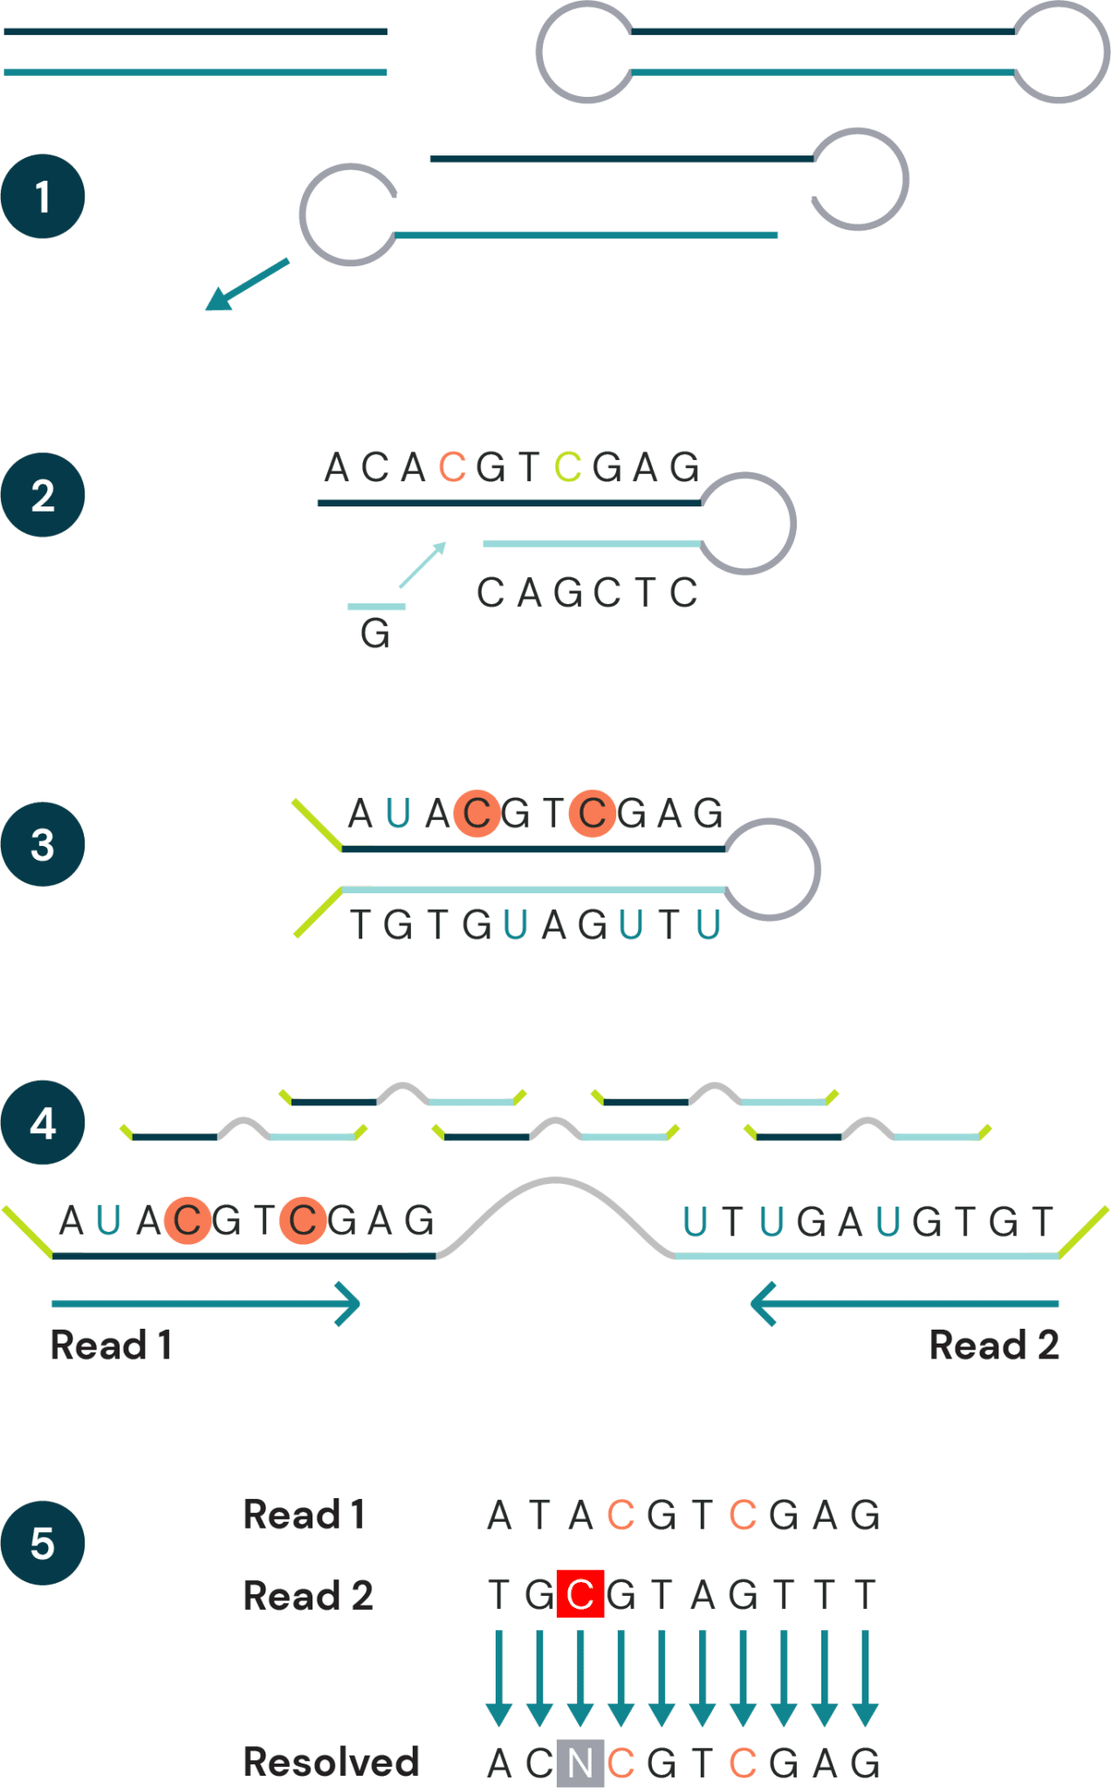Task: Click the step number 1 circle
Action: (x=43, y=196)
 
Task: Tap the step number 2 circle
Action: (x=43, y=495)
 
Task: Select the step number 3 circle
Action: (x=43, y=844)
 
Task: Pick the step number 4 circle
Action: (x=43, y=1123)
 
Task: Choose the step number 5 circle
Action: (x=43, y=1543)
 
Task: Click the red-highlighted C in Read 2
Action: (x=580, y=1594)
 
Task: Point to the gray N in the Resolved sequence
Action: (x=580, y=1763)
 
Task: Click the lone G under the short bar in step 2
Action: (x=375, y=633)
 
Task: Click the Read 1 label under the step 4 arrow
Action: (x=111, y=1344)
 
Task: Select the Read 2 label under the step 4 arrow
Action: (x=994, y=1344)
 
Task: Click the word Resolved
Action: (x=331, y=1762)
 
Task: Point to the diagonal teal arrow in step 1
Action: (x=246, y=285)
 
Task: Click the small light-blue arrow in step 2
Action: (x=423, y=565)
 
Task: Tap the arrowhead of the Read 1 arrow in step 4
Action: (x=350, y=1304)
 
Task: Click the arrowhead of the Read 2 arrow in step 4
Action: (x=761, y=1304)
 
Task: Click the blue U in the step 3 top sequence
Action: (x=398, y=813)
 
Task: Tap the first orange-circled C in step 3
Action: (x=477, y=813)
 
